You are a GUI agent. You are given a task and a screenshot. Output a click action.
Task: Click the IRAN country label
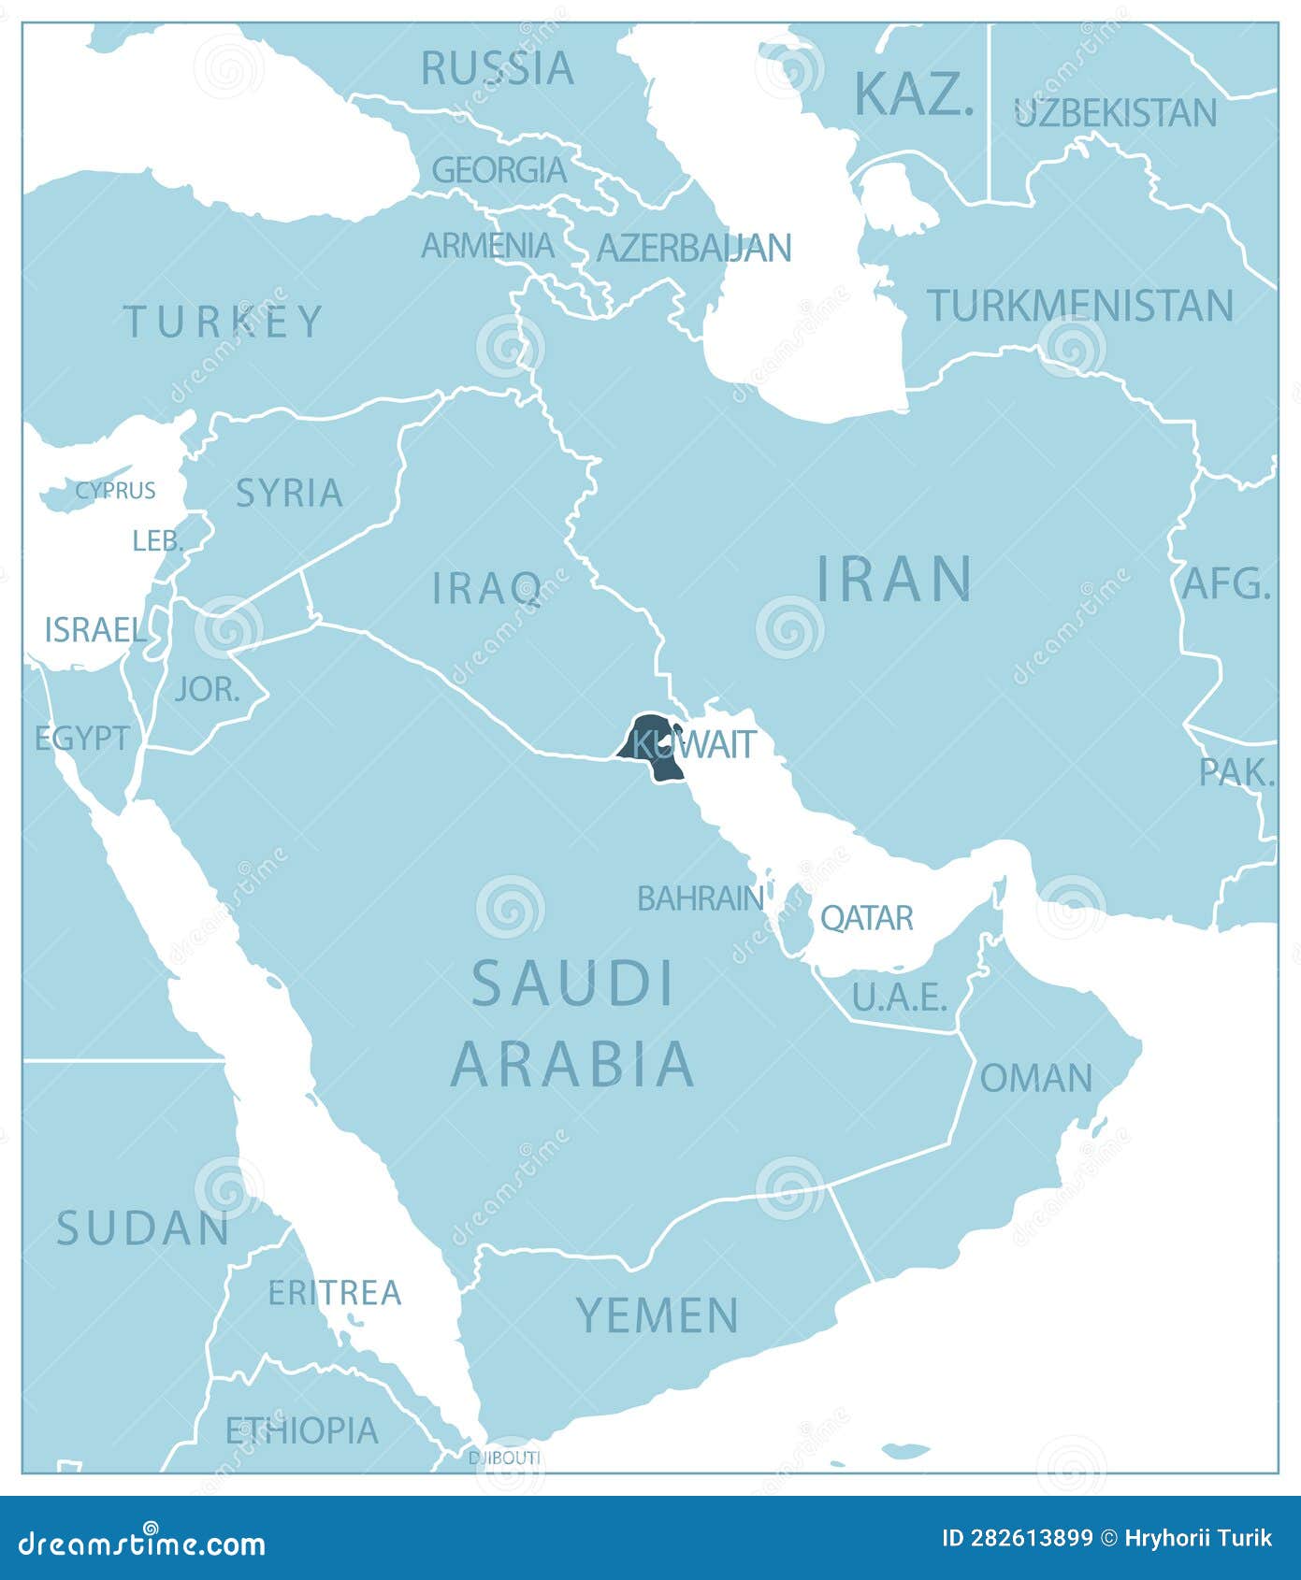click(x=895, y=579)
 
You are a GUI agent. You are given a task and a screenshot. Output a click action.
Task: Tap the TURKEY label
click(x=224, y=322)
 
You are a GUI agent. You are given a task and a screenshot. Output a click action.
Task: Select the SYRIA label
click(x=289, y=493)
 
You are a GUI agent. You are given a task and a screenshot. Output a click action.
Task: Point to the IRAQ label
click(x=486, y=588)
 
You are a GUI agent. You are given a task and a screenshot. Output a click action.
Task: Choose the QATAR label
click(x=866, y=918)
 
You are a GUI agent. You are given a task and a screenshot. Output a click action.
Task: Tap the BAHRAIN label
click(x=700, y=898)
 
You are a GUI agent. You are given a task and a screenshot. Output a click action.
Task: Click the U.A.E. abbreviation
click(x=900, y=998)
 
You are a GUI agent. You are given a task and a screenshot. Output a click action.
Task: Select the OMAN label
click(x=1035, y=1078)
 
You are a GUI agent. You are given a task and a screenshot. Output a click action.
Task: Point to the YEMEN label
click(x=657, y=1315)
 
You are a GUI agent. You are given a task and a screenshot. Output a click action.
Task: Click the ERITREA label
click(x=334, y=1293)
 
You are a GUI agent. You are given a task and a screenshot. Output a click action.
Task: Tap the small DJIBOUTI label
click(x=504, y=1458)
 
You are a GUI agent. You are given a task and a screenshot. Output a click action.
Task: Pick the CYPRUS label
click(x=115, y=490)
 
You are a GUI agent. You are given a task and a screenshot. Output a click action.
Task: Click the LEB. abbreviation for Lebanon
click(x=157, y=540)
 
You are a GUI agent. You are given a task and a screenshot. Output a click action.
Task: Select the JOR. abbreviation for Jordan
click(x=207, y=690)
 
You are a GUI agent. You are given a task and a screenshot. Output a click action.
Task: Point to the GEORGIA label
click(x=499, y=170)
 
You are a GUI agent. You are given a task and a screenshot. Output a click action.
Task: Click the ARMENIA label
click(x=487, y=246)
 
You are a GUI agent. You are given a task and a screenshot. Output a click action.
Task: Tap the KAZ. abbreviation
click(x=914, y=93)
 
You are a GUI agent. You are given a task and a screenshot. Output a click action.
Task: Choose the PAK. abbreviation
click(x=1236, y=772)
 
